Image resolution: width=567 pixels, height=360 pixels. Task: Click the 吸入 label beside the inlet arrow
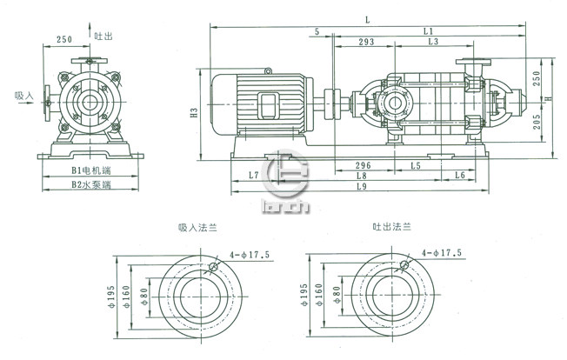click(23, 96)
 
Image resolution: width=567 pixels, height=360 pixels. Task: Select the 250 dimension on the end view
click(64, 40)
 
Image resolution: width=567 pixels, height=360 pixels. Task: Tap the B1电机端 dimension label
click(89, 171)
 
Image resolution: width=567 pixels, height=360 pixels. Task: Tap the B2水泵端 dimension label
click(89, 184)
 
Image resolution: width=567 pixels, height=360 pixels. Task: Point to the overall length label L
click(368, 18)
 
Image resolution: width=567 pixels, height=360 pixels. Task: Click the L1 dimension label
click(428, 30)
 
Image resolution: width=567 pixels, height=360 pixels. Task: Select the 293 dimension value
click(366, 42)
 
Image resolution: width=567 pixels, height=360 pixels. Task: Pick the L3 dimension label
click(432, 42)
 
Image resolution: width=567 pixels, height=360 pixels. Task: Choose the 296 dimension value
click(364, 164)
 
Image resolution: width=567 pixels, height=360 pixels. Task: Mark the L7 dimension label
click(254, 176)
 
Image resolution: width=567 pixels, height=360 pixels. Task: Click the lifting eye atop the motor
click(268, 70)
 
